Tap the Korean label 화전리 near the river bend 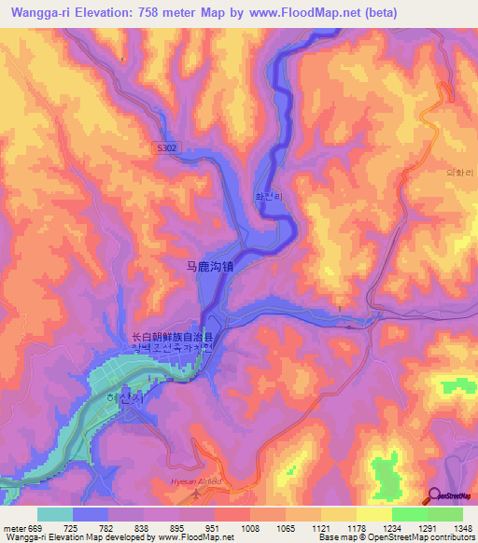(x=269, y=197)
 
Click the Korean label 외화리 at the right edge (x=460, y=174)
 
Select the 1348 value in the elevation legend (x=462, y=528)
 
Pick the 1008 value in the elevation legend (x=249, y=528)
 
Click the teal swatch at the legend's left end (x=54, y=514)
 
